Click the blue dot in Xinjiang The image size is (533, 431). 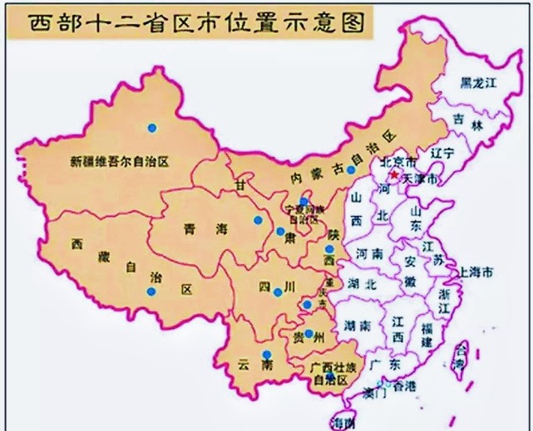coord(151,127)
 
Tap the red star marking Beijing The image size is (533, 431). coord(394,174)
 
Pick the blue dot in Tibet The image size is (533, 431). coord(151,291)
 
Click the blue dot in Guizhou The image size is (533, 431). coord(308,335)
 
